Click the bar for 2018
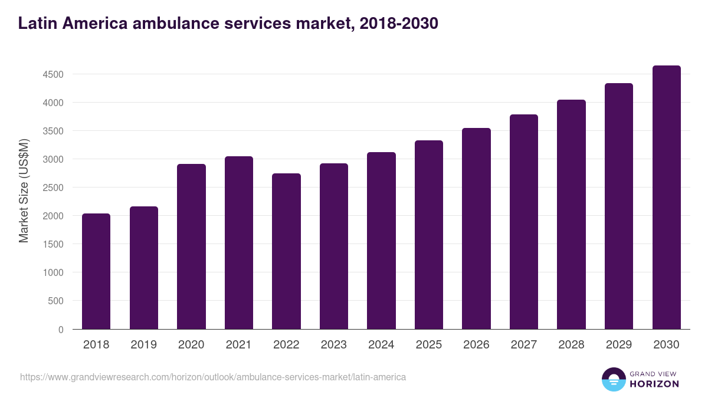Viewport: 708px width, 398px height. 96,271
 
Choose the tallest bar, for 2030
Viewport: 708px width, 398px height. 666,198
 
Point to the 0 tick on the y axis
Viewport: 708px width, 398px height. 61,330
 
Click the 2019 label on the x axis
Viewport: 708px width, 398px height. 143,345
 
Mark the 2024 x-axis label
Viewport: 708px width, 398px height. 381,345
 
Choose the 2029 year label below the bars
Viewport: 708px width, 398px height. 618,345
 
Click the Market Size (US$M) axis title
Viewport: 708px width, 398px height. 24,190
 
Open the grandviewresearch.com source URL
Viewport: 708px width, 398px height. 213,377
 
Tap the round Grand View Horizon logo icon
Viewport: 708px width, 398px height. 613,379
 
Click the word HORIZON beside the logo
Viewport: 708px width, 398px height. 654,384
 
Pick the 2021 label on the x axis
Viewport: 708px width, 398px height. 238,345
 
